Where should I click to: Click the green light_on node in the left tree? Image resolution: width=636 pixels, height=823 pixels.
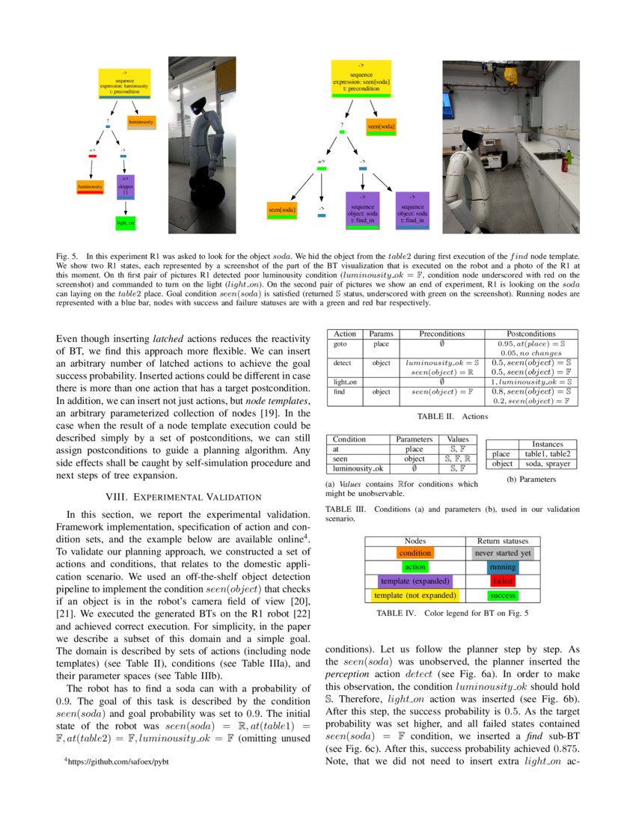pyautogui.click(x=125, y=222)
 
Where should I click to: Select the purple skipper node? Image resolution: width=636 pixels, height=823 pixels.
pyautogui.click(x=125, y=186)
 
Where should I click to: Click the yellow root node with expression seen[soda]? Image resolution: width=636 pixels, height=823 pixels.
pyautogui.click(x=361, y=79)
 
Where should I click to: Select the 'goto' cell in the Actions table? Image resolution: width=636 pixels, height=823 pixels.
pyautogui.click(x=340, y=344)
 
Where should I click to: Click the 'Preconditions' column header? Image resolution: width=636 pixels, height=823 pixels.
pyautogui.click(x=441, y=334)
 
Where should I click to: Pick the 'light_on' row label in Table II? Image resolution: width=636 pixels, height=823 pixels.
pyautogui.click(x=344, y=382)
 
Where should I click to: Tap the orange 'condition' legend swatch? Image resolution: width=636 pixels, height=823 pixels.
pyautogui.click(x=415, y=553)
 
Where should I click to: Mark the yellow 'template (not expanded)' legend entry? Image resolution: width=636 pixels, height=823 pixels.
pyautogui.click(x=415, y=595)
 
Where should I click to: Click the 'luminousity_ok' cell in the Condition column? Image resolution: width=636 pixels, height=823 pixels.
pyautogui.click(x=358, y=468)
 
